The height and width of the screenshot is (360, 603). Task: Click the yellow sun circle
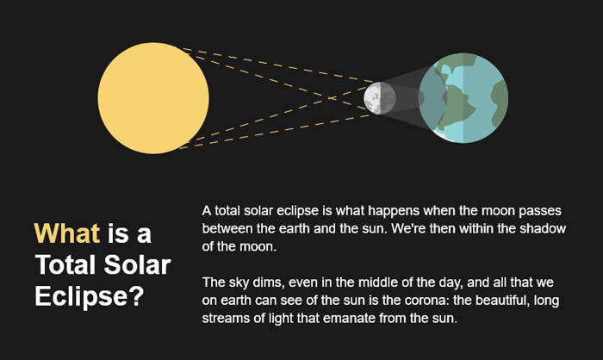point(153,98)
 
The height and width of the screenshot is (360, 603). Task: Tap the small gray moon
point(380,98)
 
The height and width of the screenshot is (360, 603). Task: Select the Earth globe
point(463,98)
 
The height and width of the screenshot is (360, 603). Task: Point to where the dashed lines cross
point(331,98)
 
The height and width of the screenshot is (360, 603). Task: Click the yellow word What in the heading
point(67,233)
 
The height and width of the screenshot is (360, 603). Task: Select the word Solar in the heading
point(137,264)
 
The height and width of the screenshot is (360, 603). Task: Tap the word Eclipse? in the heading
point(90,296)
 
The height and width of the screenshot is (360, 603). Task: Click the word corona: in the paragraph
point(423,300)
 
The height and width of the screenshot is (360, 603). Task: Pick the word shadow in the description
point(543,228)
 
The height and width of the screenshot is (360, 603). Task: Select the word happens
point(393,211)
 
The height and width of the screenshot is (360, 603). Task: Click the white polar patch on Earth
point(440,135)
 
